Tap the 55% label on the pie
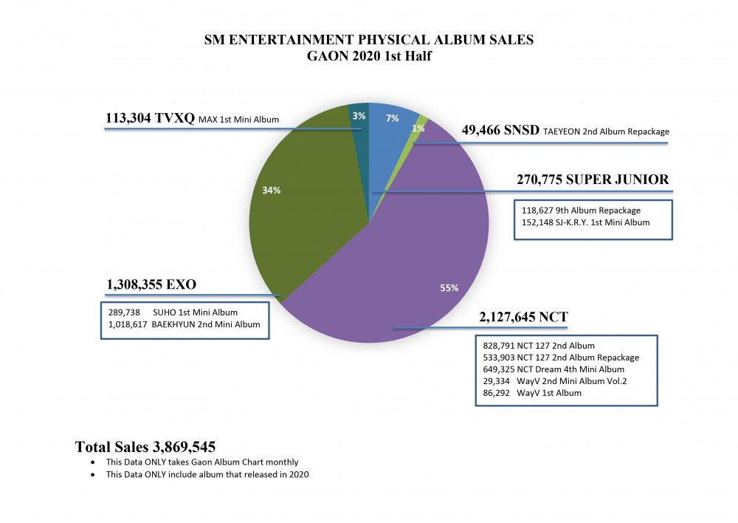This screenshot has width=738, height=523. coord(449,288)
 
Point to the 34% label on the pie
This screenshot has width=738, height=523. coord(271,190)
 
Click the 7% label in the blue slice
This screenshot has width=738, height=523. coord(391,117)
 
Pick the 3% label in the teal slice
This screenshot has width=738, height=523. coord(359,116)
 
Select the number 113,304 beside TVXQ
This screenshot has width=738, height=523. coord(131,118)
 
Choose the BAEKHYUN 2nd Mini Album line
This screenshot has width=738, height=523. coord(184,324)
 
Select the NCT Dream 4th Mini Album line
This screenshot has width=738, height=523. coord(553,369)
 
